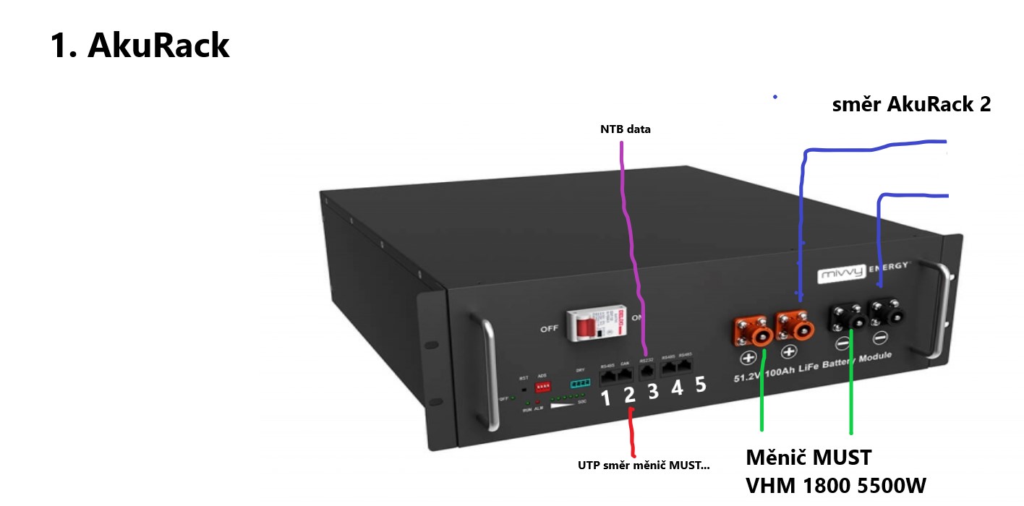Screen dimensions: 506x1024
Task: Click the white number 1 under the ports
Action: (x=606, y=398)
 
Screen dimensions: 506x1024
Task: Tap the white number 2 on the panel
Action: (x=629, y=395)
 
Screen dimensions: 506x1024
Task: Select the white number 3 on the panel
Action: (x=653, y=391)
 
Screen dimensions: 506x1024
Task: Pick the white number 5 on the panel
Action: (x=701, y=384)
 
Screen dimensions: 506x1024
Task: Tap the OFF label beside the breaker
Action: (x=549, y=330)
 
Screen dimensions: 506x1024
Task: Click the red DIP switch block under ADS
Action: (x=542, y=387)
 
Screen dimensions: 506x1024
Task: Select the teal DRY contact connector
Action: (x=580, y=383)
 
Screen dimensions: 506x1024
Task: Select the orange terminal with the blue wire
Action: (x=795, y=326)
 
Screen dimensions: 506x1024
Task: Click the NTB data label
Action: (x=626, y=129)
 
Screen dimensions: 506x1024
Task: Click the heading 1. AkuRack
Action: (x=140, y=45)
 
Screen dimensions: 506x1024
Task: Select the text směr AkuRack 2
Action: (x=911, y=104)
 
